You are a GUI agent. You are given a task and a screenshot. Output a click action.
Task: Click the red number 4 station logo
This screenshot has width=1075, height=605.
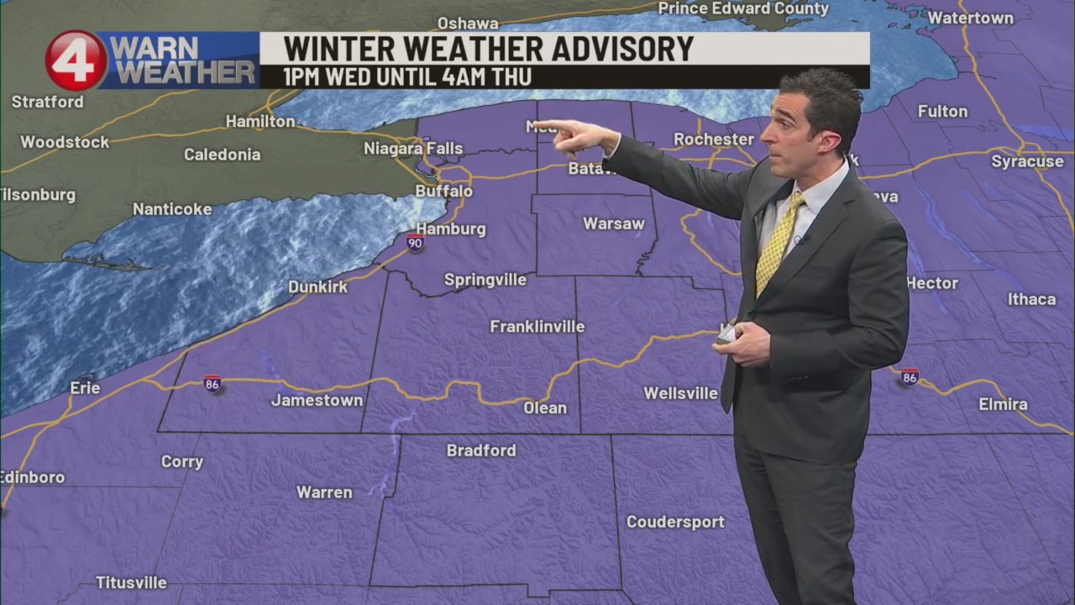click(76, 60)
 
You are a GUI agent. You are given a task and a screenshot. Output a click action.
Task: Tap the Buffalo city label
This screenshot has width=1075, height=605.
click(444, 192)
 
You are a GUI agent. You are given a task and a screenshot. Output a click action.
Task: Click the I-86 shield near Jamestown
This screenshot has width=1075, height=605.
click(212, 383)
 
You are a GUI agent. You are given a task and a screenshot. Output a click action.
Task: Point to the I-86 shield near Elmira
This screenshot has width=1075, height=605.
click(910, 376)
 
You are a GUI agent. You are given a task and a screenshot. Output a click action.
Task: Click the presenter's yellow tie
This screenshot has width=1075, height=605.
click(778, 244)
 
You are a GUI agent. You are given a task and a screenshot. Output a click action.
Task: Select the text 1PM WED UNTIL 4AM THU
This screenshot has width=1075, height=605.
click(407, 77)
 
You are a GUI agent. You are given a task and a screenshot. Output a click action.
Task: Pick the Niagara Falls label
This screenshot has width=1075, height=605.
click(413, 149)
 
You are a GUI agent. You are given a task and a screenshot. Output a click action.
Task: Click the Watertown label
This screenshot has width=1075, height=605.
click(970, 18)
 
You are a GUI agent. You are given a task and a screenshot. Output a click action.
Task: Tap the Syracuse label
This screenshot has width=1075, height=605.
click(1027, 161)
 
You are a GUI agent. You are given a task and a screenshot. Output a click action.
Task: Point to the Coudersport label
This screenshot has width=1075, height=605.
click(675, 522)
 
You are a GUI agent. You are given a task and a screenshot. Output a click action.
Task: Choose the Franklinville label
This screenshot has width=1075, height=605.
click(537, 326)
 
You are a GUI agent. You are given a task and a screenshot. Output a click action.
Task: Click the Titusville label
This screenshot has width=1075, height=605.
click(131, 582)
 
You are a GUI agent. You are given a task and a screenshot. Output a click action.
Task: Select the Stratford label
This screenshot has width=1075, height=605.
click(47, 102)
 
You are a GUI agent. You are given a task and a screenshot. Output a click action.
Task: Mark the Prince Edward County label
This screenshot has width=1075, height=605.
click(743, 8)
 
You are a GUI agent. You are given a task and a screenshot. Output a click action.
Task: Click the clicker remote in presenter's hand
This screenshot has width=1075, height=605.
click(726, 334)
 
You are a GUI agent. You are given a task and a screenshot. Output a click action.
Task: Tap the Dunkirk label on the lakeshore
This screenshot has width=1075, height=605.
click(318, 287)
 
